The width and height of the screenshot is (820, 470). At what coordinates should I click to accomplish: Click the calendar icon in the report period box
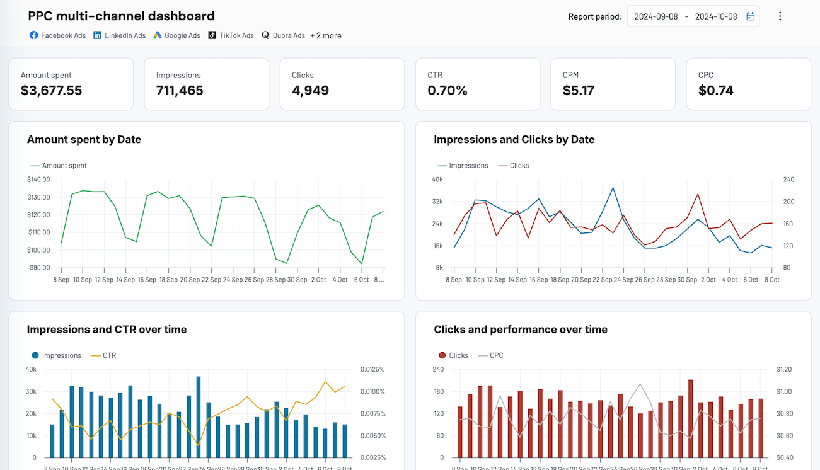pos(750,16)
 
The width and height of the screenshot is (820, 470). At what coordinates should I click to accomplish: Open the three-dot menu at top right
pos(780,16)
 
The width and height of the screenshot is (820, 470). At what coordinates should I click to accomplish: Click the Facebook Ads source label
pos(57,35)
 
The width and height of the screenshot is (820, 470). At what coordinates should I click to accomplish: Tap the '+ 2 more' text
pos(326,35)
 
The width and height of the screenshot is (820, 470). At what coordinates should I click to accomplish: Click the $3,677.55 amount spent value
pos(51,90)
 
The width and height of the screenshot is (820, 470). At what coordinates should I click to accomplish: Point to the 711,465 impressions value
pos(180,90)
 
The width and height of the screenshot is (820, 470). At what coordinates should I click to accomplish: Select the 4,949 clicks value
pos(310,90)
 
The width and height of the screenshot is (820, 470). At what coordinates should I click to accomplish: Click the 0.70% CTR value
pos(448,90)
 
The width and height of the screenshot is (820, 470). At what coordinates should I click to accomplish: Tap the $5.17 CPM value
pos(578,90)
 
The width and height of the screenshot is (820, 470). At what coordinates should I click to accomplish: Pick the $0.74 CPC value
pos(716,90)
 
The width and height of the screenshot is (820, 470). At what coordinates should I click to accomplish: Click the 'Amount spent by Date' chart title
pos(84,139)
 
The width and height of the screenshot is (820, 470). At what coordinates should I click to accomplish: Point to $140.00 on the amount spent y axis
pos(38,180)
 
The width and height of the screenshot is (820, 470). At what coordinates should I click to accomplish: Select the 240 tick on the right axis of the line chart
pos(788,180)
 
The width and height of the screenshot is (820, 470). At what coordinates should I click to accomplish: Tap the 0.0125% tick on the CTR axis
pos(372,369)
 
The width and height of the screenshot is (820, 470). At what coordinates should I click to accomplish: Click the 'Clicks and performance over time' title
pos(521,329)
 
